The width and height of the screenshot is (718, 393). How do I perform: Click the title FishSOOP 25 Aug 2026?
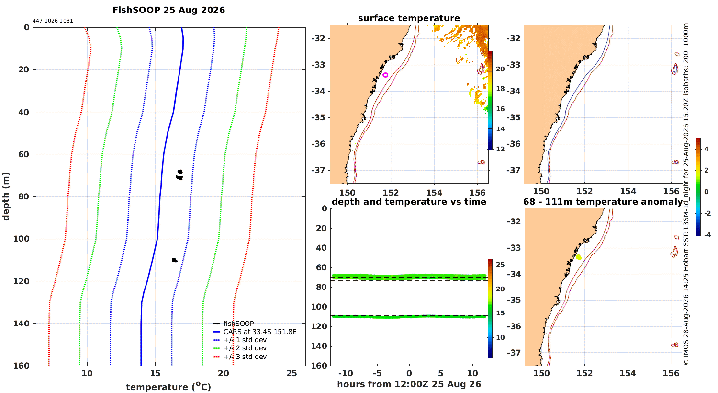[x=168, y=10]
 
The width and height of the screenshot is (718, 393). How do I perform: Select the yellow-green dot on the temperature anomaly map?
[x=579, y=257]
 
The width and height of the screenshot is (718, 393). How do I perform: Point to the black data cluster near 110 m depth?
[x=174, y=260]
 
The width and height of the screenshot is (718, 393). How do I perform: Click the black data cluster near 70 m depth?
[x=179, y=175]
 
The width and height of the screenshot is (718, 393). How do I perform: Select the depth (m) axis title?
[x=6, y=196]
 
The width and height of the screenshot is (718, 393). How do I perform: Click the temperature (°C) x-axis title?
[x=168, y=387]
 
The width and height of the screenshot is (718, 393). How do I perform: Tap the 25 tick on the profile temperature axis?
[x=292, y=373]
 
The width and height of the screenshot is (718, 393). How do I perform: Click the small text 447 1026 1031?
[x=53, y=21]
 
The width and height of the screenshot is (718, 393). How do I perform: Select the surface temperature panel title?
[x=409, y=18]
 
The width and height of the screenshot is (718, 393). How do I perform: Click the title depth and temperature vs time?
[x=409, y=201]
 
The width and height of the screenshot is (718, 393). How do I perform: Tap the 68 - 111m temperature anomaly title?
[x=603, y=201]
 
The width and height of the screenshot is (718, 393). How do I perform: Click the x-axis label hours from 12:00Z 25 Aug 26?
[x=409, y=384]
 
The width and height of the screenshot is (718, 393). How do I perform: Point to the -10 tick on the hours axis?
[x=346, y=373]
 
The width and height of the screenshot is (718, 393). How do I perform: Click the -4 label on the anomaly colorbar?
[x=707, y=235]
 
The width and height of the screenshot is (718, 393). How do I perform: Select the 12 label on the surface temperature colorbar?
[x=500, y=149]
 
